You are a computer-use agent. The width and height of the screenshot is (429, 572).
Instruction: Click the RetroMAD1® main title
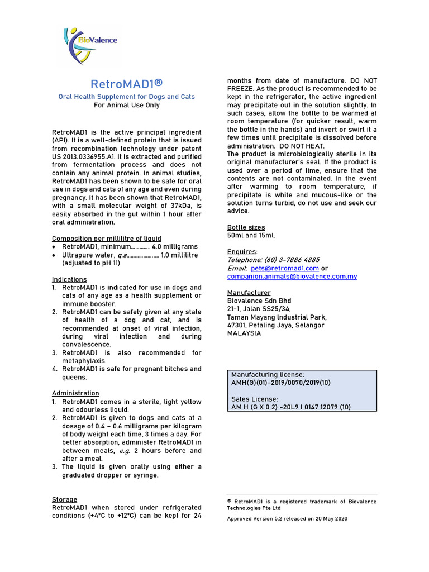pos(127,84)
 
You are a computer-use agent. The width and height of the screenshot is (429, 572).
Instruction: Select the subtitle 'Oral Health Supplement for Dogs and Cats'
pos(127,97)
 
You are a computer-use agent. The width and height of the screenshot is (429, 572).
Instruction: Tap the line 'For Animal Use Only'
pos(127,105)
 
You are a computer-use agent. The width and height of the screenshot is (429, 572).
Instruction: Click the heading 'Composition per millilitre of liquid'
pos(106,239)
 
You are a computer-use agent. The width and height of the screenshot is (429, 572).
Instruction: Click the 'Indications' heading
pos(69,279)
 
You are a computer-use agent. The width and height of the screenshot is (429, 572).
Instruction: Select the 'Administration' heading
pos(75,393)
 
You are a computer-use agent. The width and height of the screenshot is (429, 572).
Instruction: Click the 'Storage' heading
pos(65,499)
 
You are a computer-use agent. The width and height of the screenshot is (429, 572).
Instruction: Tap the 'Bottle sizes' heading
pos(246,227)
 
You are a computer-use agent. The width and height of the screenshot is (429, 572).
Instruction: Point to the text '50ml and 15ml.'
pos(251,235)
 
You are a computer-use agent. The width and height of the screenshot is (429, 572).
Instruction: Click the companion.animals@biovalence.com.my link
pos(292,276)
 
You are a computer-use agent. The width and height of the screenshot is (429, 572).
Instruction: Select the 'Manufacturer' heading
pos(249,293)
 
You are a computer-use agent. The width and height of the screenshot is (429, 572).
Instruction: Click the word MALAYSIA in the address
pos(244,333)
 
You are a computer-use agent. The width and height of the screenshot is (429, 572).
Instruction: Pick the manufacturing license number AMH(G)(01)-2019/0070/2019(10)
pos(281,383)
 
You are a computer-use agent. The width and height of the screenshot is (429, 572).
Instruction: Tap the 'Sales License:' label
pos(254,399)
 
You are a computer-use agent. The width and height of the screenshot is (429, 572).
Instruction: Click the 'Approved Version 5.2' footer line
pos(287,518)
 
